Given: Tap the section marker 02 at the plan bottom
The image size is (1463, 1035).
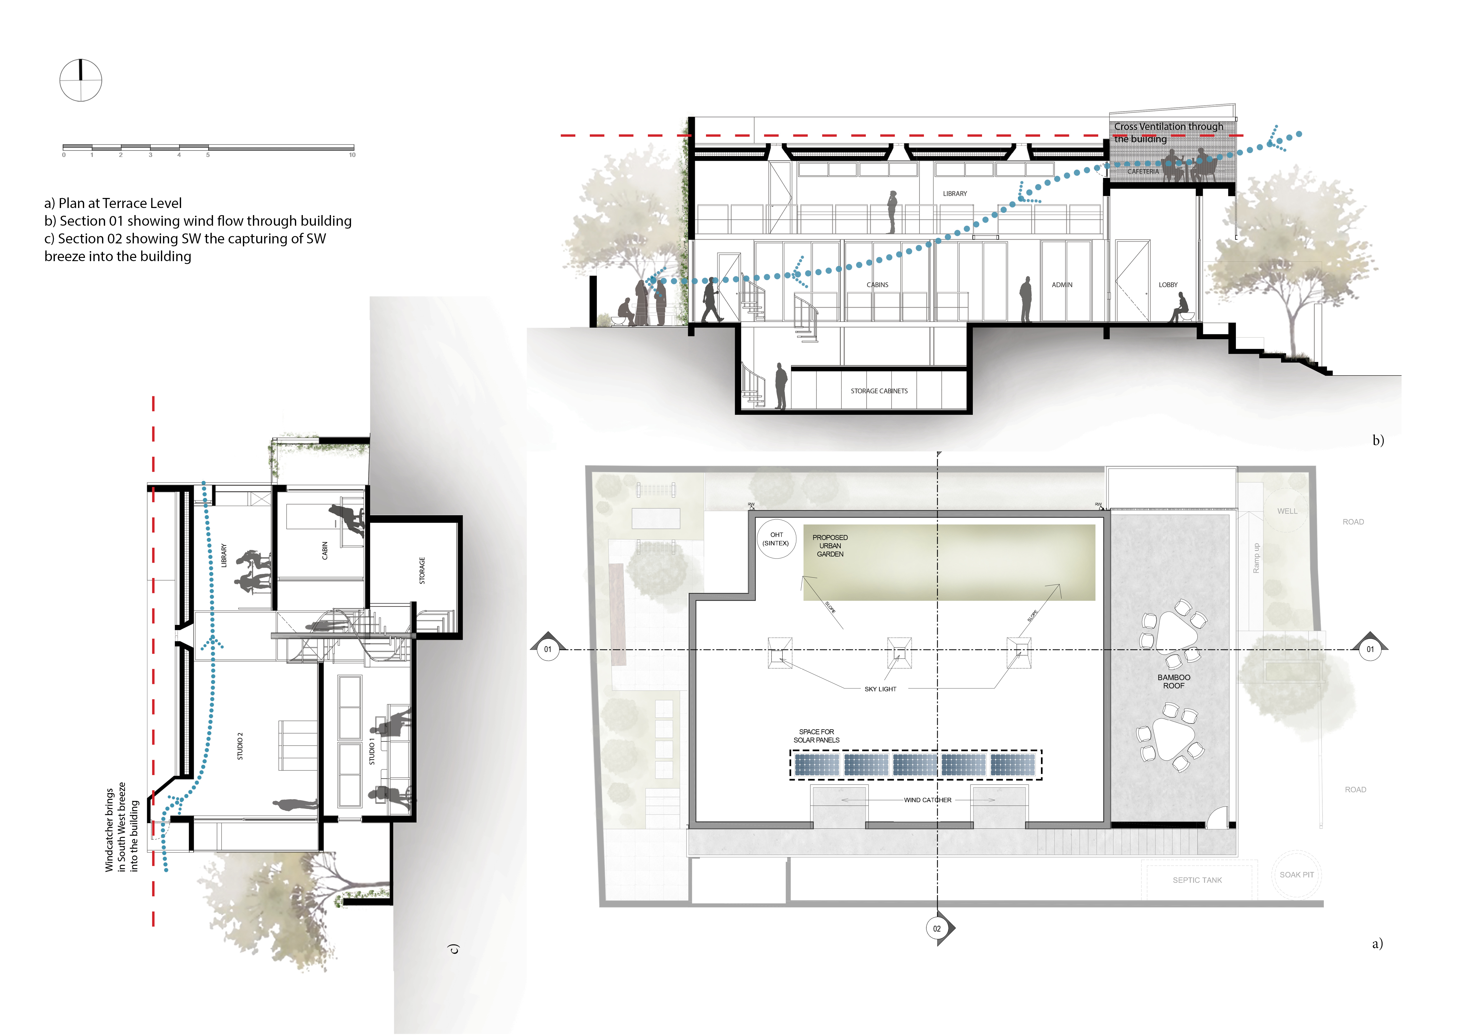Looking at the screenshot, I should pyautogui.click(x=937, y=928).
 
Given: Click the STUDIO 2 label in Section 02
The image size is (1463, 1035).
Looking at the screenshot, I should pyautogui.click(x=240, y=746).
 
